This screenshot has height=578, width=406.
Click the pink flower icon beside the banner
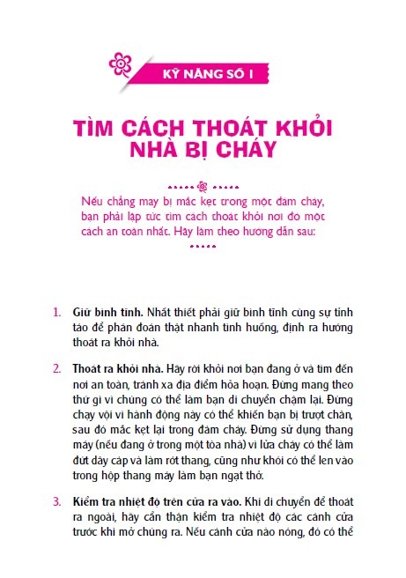120,63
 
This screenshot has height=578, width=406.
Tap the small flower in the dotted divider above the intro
203,186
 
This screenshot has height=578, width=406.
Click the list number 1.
56,313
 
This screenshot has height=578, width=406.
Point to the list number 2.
56,366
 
